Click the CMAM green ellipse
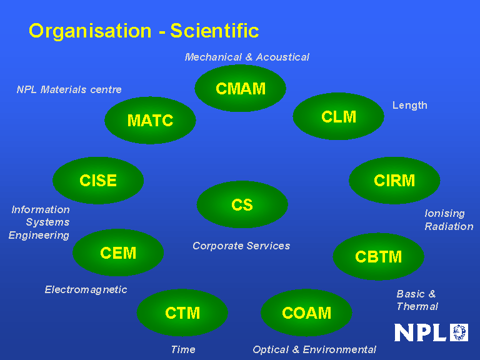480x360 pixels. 241,89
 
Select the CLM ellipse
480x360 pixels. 339,117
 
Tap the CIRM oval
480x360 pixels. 394,181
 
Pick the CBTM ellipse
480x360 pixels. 378,257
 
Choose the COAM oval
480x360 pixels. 306,312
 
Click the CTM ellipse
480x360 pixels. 182,312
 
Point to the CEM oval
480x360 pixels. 118,253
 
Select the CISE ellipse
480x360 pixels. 98,181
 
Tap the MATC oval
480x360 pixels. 150,121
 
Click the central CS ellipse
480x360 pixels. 242,205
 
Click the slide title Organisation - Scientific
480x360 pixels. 144,31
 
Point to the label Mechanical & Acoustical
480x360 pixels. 247,57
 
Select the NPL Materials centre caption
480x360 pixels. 69,89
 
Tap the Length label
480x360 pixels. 410,105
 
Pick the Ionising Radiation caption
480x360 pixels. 449,220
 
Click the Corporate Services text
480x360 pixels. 241,246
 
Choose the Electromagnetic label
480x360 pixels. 86,289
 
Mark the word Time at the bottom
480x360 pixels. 183,349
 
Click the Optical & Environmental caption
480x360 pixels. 314,349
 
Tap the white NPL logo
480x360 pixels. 431,332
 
